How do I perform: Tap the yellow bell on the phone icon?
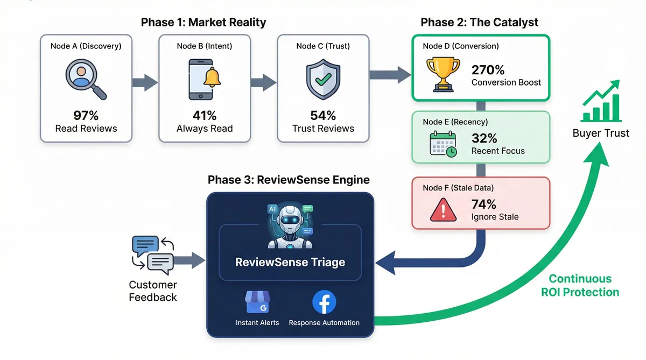[212, 77]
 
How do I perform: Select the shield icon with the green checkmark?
[323, 79]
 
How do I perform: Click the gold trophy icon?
[443, 74]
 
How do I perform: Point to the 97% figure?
[86, 116]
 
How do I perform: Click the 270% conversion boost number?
[488, 70]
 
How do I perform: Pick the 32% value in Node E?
[484, 138]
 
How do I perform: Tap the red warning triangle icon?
[443, 210]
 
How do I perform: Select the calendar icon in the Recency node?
[443, 144]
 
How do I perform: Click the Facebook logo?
[324, 302]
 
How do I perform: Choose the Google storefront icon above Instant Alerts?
[257, 302]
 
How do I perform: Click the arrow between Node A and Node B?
[145, 83]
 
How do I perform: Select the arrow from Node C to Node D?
[390, 75]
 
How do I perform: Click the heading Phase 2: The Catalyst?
[479, 22]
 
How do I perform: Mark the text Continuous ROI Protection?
[580, 285]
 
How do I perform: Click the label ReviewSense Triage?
[290, 262]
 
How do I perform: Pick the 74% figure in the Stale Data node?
[483, 204]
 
